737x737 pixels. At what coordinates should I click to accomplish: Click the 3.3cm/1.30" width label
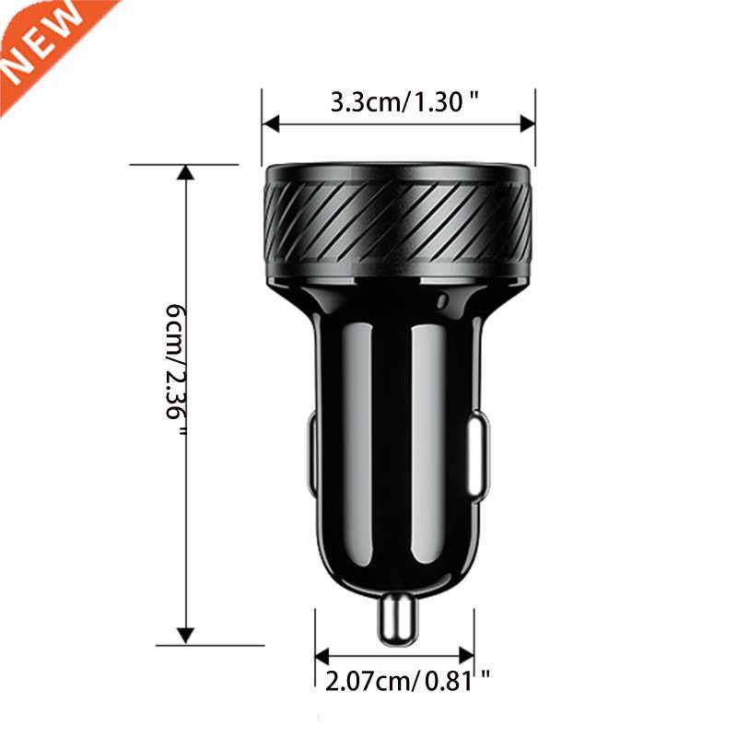(x=405, y=101)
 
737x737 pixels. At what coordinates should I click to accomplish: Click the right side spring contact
(x=478, y=456)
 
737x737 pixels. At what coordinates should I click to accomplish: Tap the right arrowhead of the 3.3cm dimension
(x=527, y=123)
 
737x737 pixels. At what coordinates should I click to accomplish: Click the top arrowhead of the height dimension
(x=186, y=173)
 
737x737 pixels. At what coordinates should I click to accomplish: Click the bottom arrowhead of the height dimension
(x=186, y=635)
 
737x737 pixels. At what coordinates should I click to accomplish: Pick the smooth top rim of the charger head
(x=397, y=172)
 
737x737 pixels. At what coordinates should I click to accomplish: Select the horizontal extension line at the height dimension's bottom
(x=221, y=645)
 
